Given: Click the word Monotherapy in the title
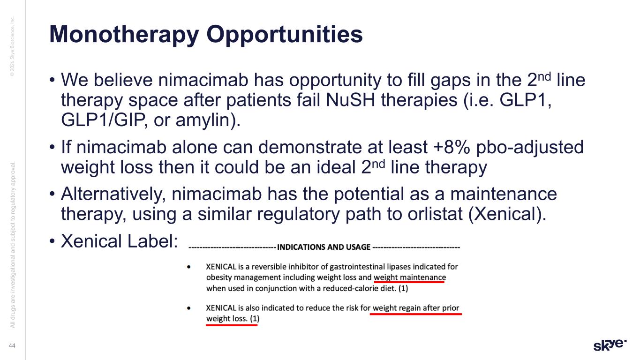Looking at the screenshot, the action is coord(124,35).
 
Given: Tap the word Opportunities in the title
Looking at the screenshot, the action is coord(285,35).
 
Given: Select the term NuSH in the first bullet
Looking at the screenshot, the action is coord(350,100).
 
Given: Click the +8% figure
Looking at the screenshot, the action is coord(452,148).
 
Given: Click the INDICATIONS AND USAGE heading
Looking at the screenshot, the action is coord(324,247).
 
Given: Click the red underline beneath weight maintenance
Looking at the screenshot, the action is coord(409,282).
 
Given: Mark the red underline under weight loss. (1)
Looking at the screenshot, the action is coord(232,325).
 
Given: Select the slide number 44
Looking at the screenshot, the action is coord(12,346).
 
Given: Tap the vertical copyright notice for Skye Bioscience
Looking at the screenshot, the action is coord(12,46).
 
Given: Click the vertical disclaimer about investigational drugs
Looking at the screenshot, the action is coord(13,245).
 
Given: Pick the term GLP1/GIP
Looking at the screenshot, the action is coord(103,120).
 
